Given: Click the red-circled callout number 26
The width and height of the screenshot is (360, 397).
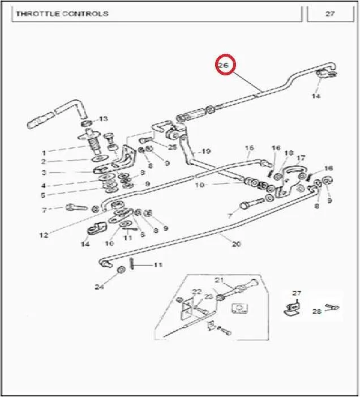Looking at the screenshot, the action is (x=224, y=65).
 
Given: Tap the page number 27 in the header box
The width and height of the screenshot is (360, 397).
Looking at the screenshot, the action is (x=330, y=14).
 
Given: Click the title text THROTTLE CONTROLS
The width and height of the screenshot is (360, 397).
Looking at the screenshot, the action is (x=62, y=14).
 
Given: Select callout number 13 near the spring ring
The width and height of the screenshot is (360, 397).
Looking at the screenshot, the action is (x=103, y=118).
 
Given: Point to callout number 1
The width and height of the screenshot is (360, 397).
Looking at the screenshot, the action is (x=44, y=153).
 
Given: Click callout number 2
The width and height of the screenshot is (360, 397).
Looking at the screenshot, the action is (x=44, y=161).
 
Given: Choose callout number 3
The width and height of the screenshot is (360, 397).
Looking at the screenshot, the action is (x=44, y=173).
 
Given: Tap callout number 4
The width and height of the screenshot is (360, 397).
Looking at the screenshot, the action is (x=43, y=186).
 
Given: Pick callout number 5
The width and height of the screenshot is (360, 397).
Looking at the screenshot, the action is (x=43, y=195).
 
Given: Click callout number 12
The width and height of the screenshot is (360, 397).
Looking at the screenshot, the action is (x=44, y=235).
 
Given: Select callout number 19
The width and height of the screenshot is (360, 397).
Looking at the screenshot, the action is (x=206, y=151).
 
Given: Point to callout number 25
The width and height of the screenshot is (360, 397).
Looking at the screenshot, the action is (x=173, y=147).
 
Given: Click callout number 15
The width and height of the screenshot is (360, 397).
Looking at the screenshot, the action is (x=249, y=148).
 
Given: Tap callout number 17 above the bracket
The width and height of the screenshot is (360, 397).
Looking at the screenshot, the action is (x=301, y=158).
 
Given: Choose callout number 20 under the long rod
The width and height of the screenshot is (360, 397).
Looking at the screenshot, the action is (x=236, y=244).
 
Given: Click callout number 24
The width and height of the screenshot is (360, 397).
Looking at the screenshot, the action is (x=99, y=287).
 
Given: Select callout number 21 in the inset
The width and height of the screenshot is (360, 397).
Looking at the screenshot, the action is (x=219, y=280).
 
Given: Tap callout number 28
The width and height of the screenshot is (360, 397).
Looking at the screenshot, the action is (x=317, y=311).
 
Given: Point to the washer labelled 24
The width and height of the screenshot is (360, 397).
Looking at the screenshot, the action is (x=122, y=270).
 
